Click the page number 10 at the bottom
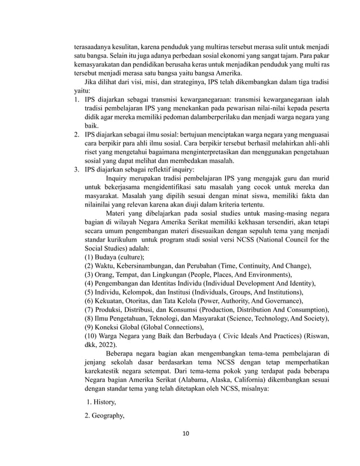(x=180, y=433)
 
